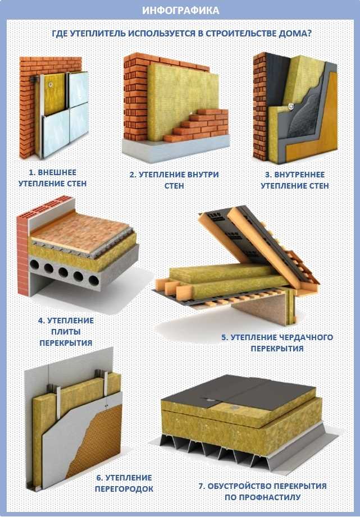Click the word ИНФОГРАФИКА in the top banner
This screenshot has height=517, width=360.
[180, 10]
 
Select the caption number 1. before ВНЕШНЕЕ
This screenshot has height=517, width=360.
[32, 172]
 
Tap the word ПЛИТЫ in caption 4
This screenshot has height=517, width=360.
[66, 332]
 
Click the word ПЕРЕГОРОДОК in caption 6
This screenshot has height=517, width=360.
[124, 488]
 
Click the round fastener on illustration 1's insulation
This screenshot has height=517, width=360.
[51, 84]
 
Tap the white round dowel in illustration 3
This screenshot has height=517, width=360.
[291, 107]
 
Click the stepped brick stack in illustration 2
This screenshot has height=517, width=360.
[199, 126]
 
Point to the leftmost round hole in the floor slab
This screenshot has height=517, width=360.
[34, 265]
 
